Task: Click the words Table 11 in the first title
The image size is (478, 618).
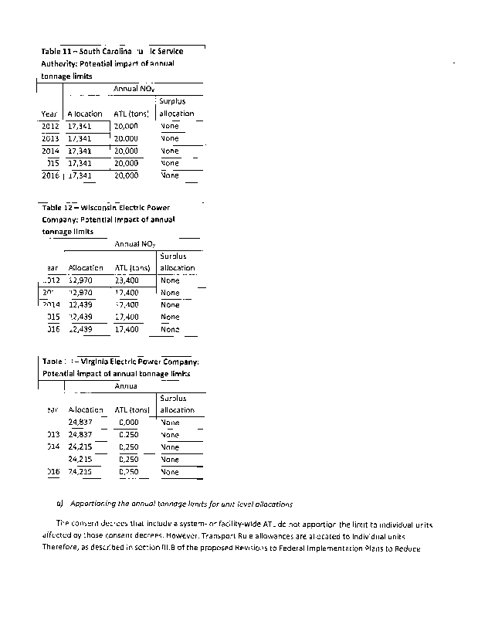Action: (x=55, y=51)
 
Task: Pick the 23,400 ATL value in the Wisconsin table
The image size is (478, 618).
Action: (x=126, y=280)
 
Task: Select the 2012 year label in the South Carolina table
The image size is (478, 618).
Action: (x=50, y=125)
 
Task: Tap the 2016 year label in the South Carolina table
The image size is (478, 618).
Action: (x=50, y=175)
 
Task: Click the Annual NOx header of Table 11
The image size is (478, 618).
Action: (x=136, y=90)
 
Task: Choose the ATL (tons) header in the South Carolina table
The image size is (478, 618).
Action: (x=131, y=114)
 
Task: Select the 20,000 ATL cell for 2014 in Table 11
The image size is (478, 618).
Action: (x=126, y=151)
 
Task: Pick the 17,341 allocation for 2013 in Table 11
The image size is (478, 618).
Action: (x=80, y=138)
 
